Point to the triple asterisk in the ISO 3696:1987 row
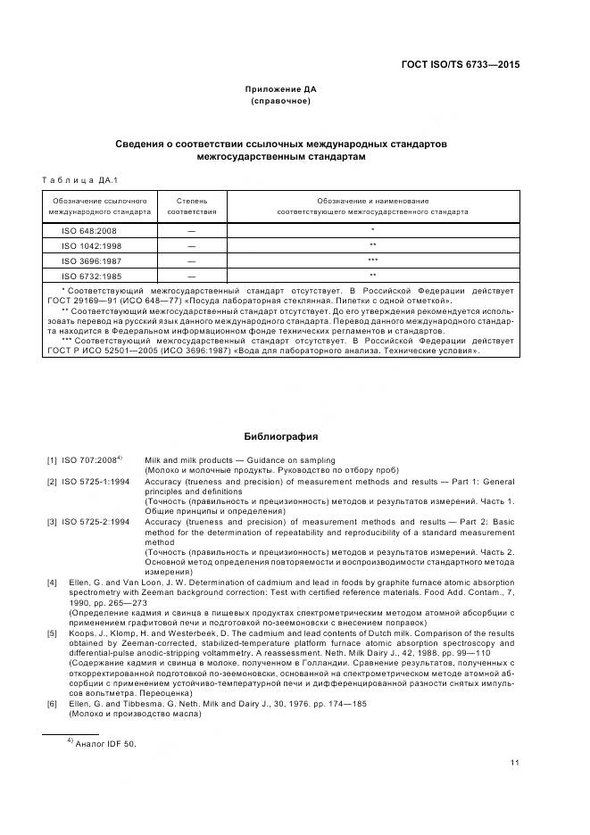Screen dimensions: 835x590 372,260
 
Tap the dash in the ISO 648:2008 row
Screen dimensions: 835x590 192,231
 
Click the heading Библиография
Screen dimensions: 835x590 281,437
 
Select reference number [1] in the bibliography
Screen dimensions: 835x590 53,460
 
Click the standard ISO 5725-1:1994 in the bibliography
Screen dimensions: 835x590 96,482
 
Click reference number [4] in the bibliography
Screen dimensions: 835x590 53,583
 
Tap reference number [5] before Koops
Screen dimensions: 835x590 53,632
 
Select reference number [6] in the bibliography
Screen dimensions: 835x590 53,703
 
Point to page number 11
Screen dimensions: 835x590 515,763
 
